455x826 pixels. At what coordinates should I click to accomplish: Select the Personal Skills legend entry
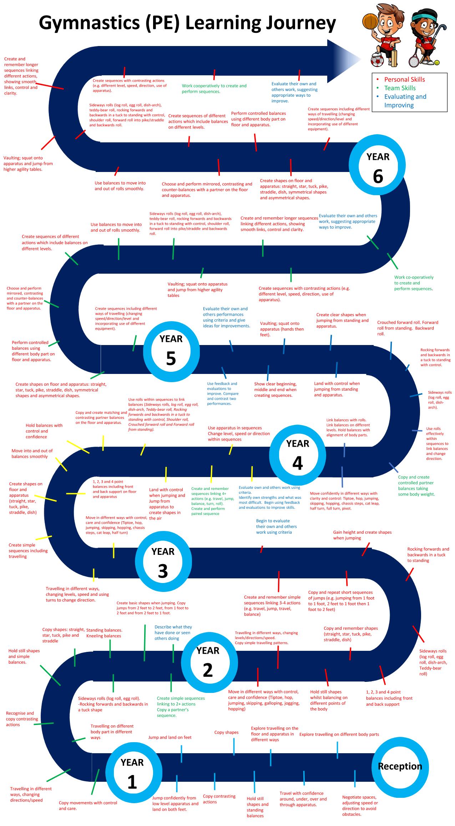coord(404,79)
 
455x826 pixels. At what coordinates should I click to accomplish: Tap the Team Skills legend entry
coord(400,88)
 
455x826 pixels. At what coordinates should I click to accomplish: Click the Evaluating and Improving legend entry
coord(405,101)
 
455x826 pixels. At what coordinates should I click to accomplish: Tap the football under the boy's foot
coord(378,60)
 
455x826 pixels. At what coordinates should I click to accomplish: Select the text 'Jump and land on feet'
coord(170,737)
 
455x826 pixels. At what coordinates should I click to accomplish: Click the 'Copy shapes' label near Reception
coord(226,732)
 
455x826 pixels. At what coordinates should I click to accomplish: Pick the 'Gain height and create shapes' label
coord(362,535)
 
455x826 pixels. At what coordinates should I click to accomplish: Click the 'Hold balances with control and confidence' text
coord(44,431)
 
